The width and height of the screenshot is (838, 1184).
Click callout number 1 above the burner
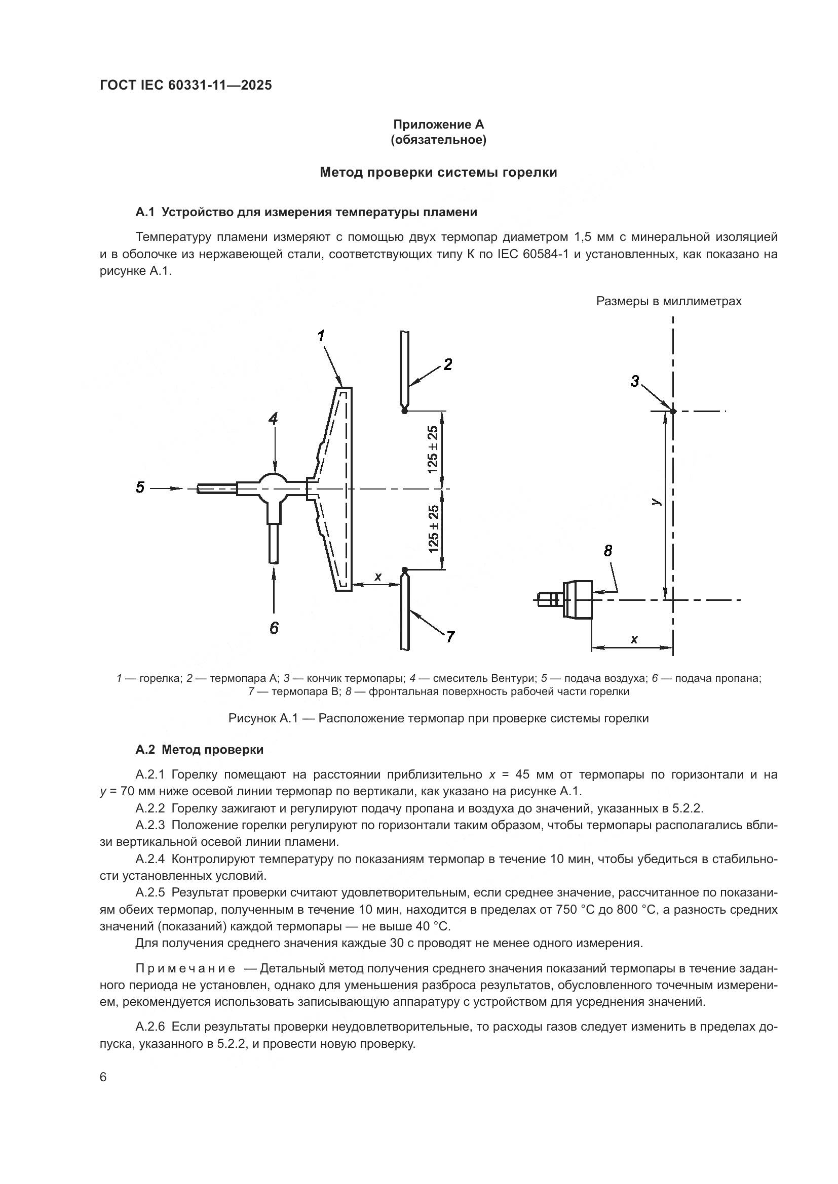point(321,336)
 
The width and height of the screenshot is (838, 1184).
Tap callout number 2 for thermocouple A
point(448,364)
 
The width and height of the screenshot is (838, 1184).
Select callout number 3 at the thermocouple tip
point(635,382)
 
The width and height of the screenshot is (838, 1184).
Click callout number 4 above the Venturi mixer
point(273,419)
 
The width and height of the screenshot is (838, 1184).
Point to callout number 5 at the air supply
point(140,487)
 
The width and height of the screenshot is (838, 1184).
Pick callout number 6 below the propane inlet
point(274,628)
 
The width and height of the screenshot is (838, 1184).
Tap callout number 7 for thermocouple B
point(450,637)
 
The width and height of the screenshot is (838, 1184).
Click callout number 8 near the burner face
point(608,551)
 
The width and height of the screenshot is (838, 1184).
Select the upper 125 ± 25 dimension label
point(432,449)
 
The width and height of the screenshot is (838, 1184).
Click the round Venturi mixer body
point(273,487)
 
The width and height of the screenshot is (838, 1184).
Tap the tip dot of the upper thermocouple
point(404,411)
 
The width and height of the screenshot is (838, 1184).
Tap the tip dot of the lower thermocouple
point(404,569)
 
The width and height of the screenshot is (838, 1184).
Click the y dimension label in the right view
point(655,501)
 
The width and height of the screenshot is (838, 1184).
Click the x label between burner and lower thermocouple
point(378,577)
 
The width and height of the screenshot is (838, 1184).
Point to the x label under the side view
point(634,639)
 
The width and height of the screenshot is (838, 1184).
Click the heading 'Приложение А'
point(439,125)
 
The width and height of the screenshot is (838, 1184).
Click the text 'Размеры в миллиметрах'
point(669,301)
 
